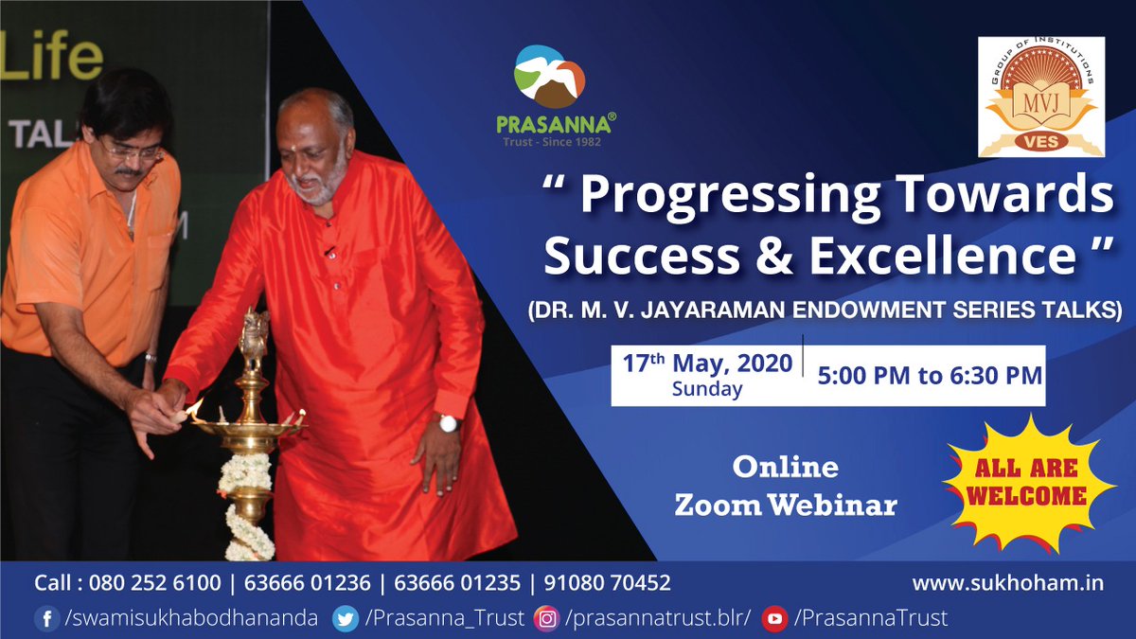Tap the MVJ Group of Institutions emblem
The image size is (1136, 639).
pyautogui.click(x=1040, y=98)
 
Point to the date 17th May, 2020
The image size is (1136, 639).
pyautogui.click(x=707, y=364)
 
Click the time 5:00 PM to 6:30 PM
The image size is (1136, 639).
pyautogui.click(x=929, y=375)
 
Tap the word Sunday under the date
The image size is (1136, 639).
pyautogui.click(x=707, y=389)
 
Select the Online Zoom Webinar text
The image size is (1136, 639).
pyautogui.click(x=785, y=487)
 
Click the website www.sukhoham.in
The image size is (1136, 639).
pyautogui.click(x=1007, y=583)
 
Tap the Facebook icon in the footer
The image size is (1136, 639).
pyautogui.click(x=46, y=619)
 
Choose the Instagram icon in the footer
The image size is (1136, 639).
pyautogui.click(x=546, y=619)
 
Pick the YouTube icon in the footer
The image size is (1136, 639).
pyautogui.click(x=774, y=619)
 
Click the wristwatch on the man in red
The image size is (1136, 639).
pyautogui.click(x=448, y=422)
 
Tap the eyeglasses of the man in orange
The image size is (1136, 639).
pyautogui.click(x=131, y=150)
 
